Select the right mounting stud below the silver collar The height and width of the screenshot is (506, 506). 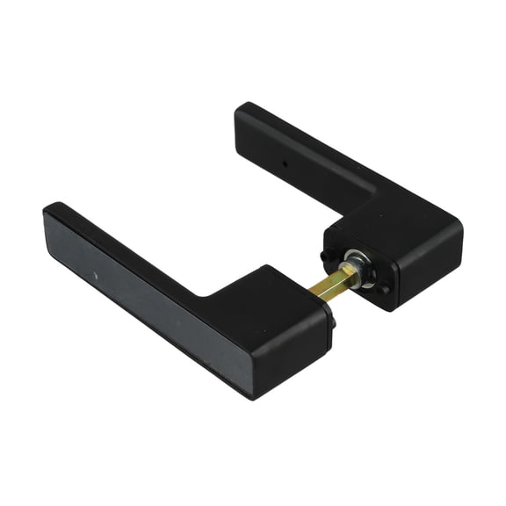(x=383, y=290)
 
